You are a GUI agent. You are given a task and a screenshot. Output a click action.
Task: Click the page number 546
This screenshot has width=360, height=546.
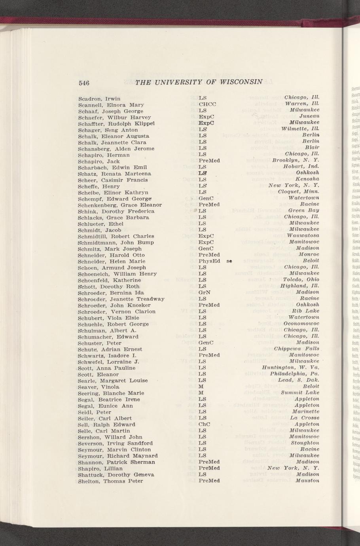(x=85, y=83)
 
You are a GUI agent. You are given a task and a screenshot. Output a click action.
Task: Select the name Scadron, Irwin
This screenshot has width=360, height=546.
(x=99, y=99)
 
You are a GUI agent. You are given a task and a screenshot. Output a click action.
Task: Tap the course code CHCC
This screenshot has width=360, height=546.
(x=207, y=104)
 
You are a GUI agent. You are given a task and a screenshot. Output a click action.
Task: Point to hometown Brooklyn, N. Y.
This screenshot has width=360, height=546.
(x=296, y=160)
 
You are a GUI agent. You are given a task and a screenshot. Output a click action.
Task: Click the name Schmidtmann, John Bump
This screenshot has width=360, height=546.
(x=116, y=243)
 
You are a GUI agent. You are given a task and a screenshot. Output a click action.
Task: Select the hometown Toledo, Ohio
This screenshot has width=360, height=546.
(x=301, y=280)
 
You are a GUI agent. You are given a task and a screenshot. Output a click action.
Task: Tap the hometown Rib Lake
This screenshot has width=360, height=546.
(x=305, y=311)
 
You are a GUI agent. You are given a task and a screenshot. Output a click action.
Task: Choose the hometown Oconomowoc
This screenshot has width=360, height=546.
(x=301, y=324)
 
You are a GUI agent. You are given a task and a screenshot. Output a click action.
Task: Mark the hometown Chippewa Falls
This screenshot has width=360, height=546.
(x=296, y=349)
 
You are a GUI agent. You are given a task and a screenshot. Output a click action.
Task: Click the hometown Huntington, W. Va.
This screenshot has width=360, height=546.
(x=290, y=368)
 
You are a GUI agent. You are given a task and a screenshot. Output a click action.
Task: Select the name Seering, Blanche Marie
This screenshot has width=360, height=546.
(x=111, y=393)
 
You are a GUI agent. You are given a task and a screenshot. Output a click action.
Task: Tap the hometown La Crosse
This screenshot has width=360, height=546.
(x=304, y=418)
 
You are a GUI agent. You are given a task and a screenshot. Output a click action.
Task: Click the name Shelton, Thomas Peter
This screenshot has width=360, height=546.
(x=110, y=481)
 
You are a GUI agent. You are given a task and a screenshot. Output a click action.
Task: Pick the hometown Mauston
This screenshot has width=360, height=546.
(x=307, y=481)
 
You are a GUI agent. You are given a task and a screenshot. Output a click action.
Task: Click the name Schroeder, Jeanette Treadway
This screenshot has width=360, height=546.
(x=121, y=299)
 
